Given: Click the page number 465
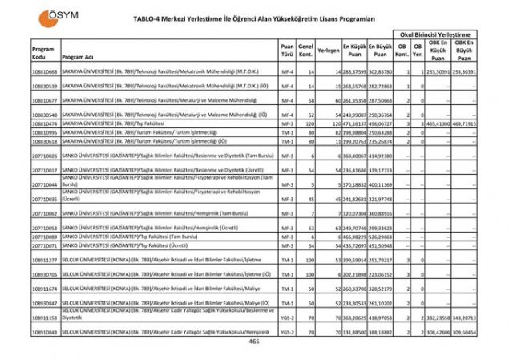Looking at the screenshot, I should coord(254,342).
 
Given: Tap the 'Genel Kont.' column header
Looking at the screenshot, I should coord(305,50).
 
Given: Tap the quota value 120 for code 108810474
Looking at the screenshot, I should coord(305,124).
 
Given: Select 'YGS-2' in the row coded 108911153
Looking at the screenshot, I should coord(286,318).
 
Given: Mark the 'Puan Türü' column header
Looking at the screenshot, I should coord(286,50).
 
